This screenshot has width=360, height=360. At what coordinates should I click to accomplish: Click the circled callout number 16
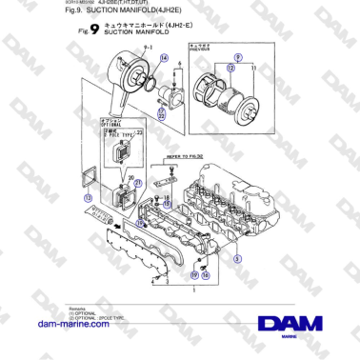[x=142, y=225]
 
